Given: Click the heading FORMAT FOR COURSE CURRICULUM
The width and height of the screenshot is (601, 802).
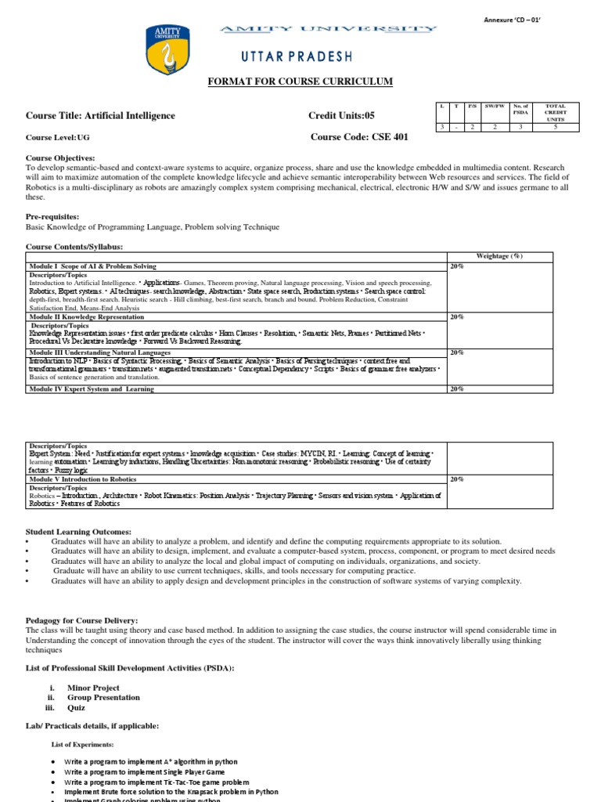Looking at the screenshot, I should click(x=299, y=82).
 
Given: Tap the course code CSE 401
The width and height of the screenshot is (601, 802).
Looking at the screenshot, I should click(x=360, y=136).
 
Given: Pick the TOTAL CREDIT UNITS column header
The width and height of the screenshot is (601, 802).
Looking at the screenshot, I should click(x=555, y=111).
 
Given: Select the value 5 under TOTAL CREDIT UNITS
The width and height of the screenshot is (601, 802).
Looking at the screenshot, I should click(x=555, y=126).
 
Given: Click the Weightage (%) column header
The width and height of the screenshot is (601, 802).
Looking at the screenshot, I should click(x=499, y=256).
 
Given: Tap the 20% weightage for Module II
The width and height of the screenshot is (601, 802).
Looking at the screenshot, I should click(x=456, y=317).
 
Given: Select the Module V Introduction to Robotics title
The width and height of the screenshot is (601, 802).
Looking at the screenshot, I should click(x=85, y=479).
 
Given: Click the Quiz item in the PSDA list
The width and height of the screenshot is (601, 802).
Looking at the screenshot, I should click(x=77, y=707).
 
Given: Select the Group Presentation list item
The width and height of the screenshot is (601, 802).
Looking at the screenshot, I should click(x=103, y=697).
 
